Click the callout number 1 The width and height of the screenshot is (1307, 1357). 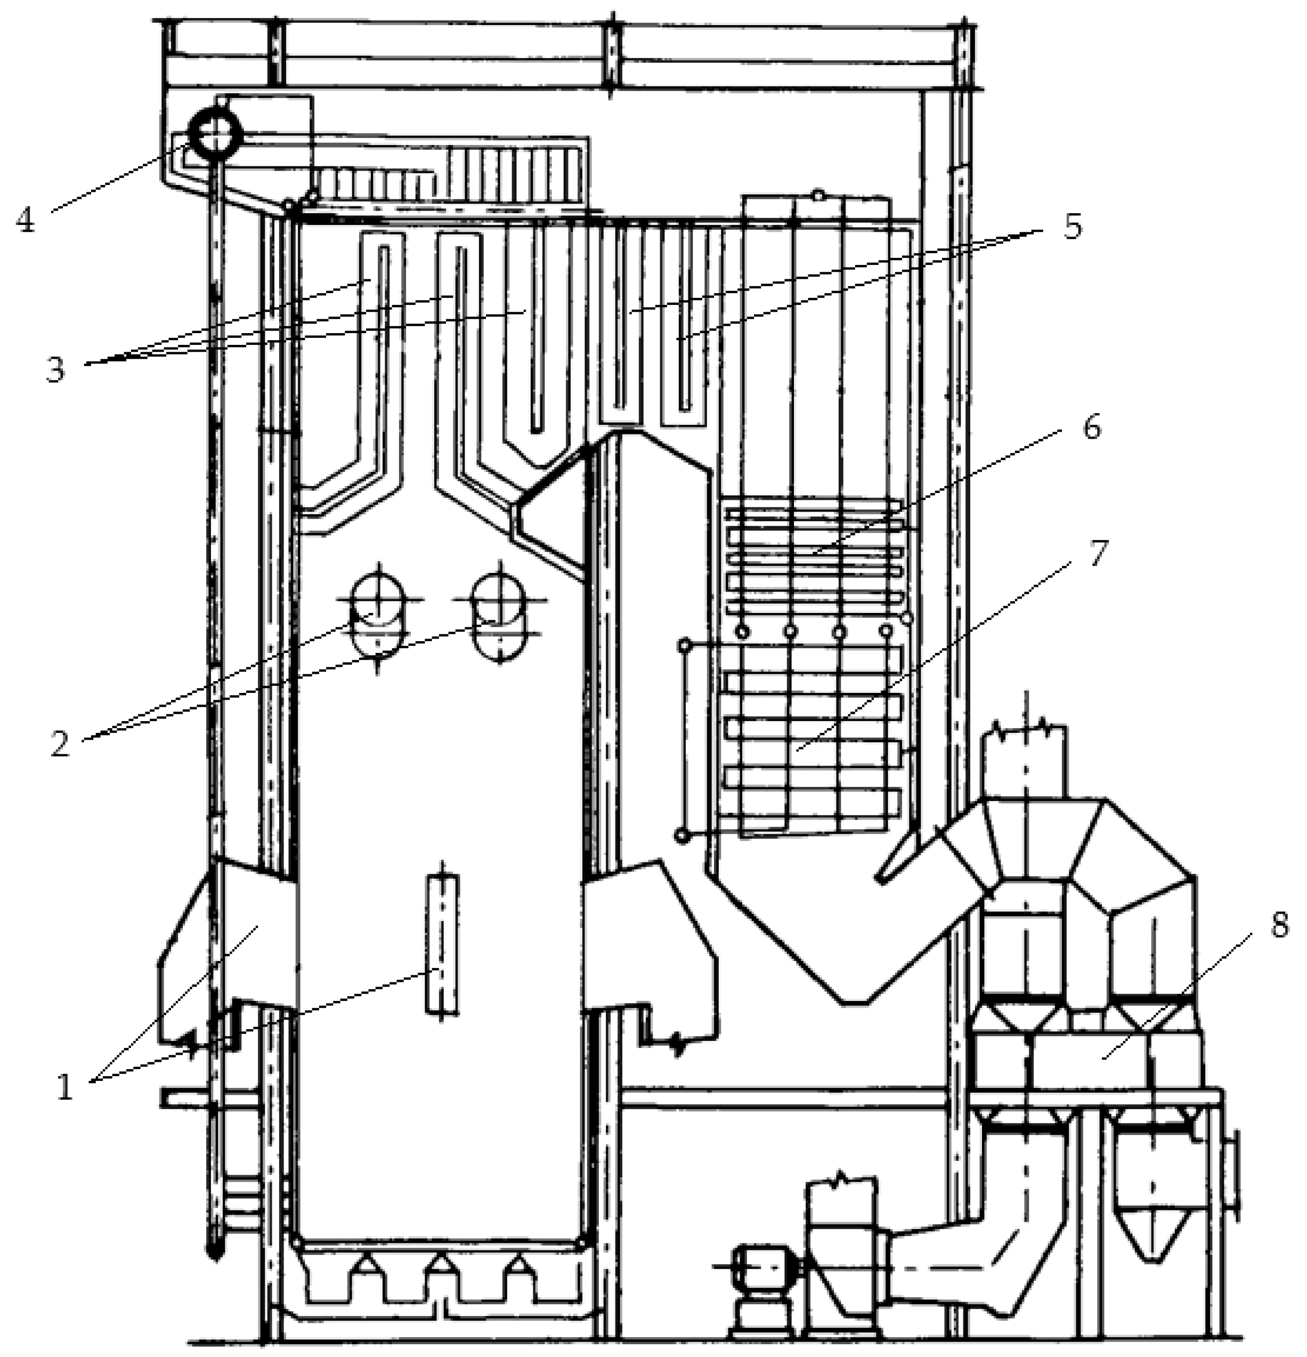(64, 1088)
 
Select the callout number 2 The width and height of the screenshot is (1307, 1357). (60, 744)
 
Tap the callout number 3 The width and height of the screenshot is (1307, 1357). (55, 368)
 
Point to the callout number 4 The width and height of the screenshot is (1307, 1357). (26, 220)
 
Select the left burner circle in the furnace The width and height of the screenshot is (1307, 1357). (377, 600)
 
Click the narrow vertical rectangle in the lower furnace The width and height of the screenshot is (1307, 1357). (442, 944)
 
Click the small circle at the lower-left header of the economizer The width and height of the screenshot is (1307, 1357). (683, 836)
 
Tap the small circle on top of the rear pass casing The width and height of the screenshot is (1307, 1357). (818, 196)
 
